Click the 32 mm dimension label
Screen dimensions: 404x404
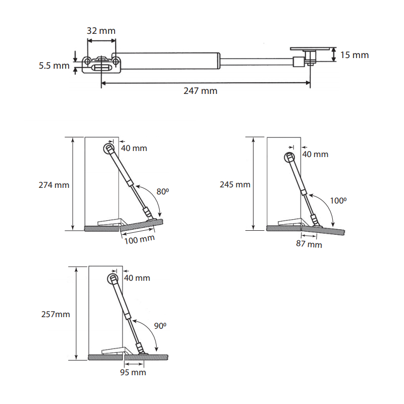101,31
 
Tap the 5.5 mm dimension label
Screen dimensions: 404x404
54,66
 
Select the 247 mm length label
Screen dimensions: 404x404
200,91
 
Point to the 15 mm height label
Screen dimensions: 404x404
355,55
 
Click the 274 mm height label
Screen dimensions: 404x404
54,185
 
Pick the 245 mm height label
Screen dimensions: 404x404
235,184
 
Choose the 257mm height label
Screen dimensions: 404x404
56,314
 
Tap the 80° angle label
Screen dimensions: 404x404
163,192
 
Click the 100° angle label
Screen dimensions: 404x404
338,200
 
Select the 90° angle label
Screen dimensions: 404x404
160,326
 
